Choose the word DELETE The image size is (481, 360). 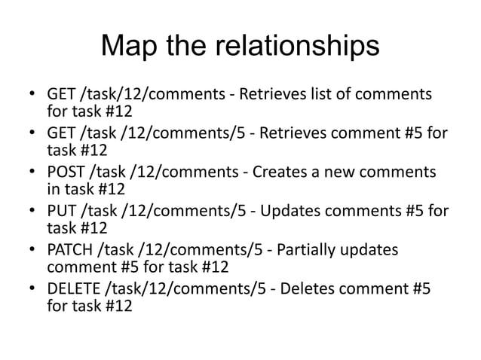[x=72, y=290]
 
